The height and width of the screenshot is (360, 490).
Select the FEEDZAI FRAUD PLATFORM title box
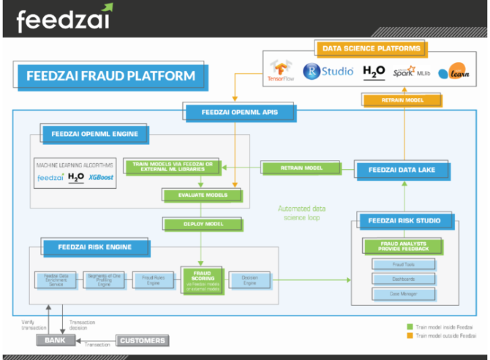tap(110, 75)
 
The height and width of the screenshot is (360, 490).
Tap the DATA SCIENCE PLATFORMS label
tap(372, 49)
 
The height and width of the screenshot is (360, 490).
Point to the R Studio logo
tap(328, 71)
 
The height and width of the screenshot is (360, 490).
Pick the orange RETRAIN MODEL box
tap(391, 100)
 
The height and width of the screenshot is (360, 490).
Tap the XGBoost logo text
tap(101, 177)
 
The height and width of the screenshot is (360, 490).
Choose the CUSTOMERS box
tap(142, 340)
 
